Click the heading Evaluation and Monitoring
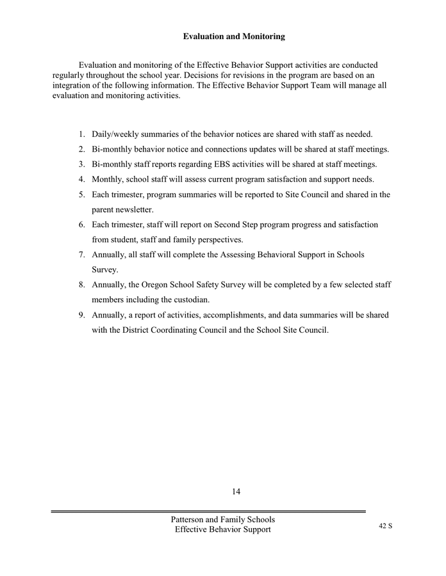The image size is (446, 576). [x=234, y=37]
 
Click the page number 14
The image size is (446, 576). [x=236, y=492]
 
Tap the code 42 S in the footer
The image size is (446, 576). [x=386, y=525]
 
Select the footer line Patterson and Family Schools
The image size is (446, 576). [x=223, y=520]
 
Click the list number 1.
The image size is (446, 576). [x=81, y=134]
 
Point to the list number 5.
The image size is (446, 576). [x=81, y=195]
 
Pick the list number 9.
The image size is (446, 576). [x=81, y=315]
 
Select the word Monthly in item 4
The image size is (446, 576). [x=108, y=179]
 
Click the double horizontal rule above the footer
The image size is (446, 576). [x=208, y=511]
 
